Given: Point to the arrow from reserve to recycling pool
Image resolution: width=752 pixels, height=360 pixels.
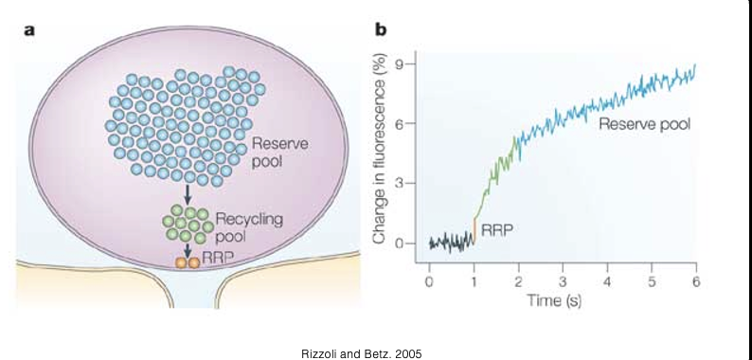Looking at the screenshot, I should pos(188,194).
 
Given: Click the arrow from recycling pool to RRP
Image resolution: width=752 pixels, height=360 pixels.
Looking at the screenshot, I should pos(188,250).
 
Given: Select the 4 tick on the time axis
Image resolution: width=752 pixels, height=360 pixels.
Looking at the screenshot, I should pos(607,282).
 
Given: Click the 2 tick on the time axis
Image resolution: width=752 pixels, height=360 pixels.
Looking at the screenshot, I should pos(518,282).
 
